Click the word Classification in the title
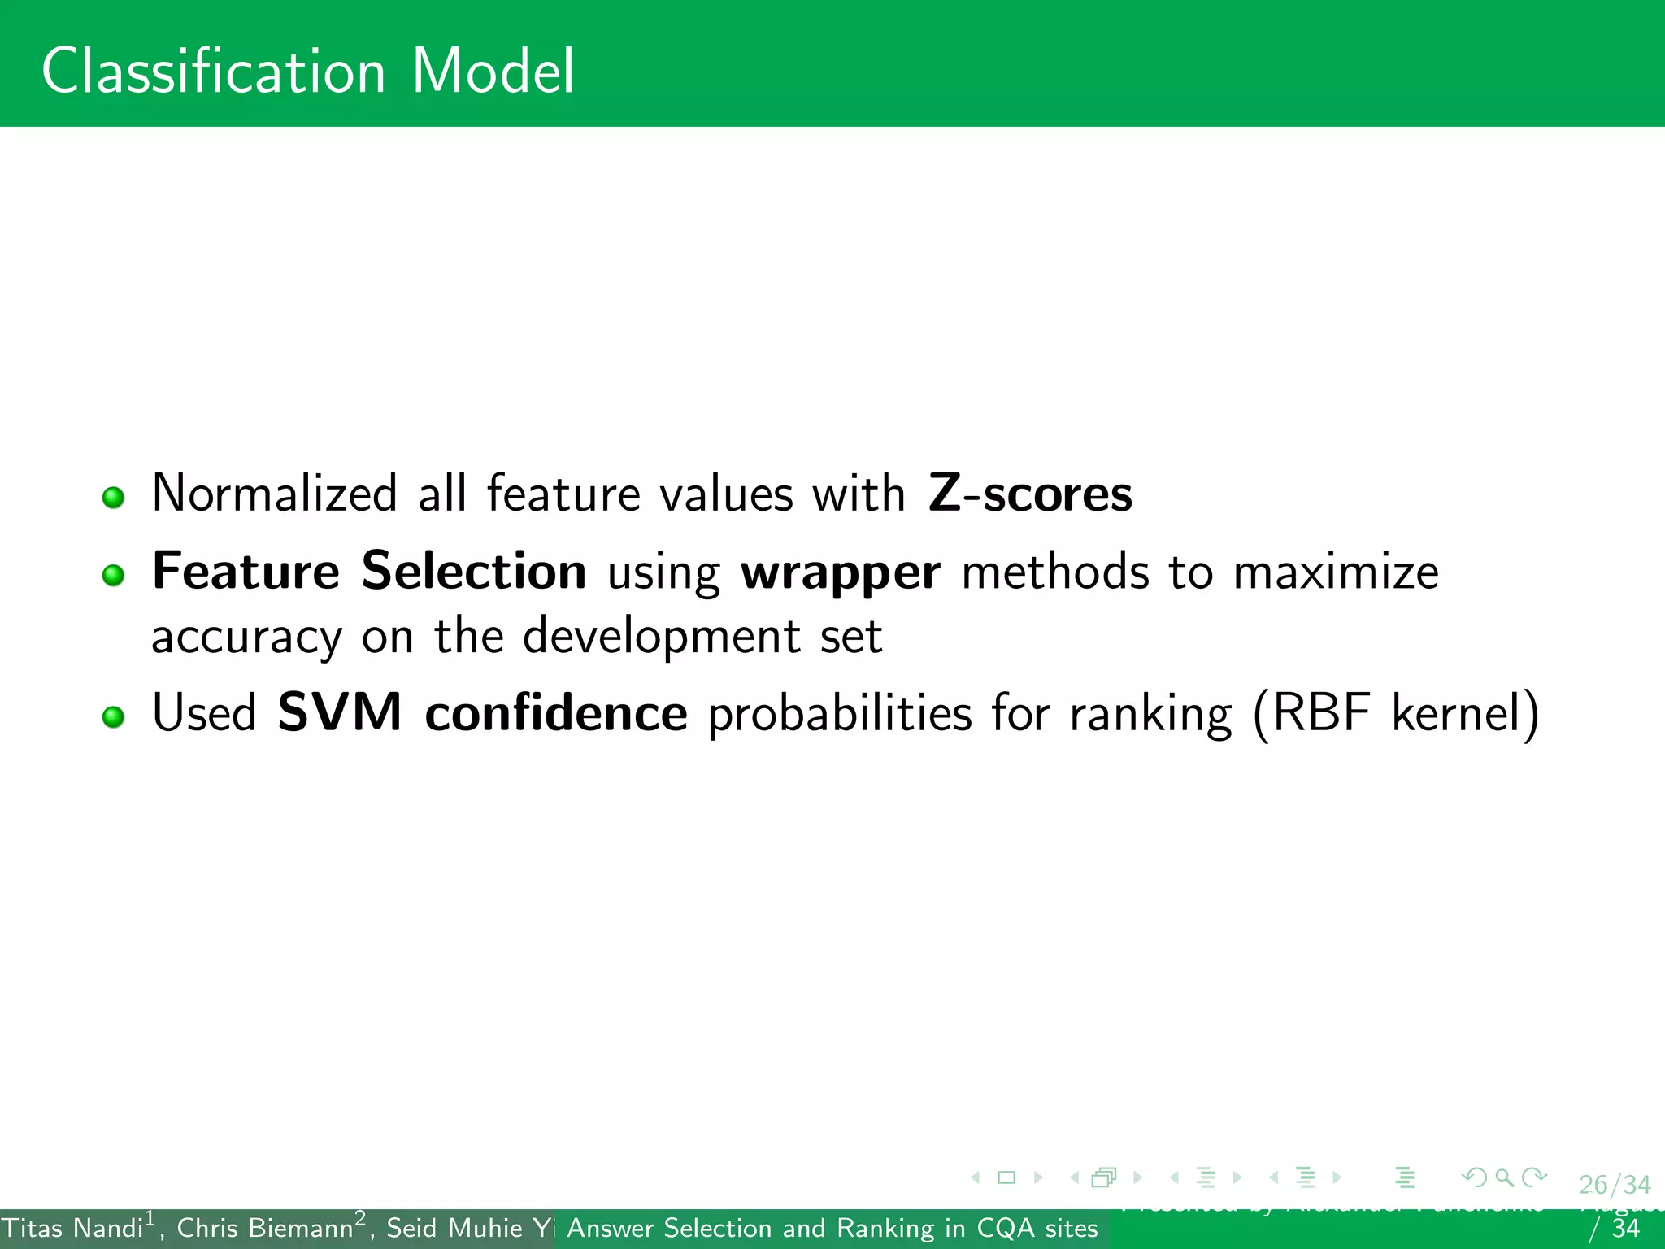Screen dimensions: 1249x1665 point(213,72)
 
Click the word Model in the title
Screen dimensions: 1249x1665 point(493,72)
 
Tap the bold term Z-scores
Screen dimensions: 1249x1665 point(1029,494)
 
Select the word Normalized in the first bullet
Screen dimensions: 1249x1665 point(274,494)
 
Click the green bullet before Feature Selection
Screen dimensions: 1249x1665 point(114,576)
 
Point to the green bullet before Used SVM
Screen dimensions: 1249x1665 point(114,717)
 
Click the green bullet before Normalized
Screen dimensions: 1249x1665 point(114,498)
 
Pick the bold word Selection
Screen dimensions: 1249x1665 point(473,571)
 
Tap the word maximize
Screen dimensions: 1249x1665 point(1335,572)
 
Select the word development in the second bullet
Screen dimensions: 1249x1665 point(661,636)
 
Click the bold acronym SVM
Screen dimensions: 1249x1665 point(339,713)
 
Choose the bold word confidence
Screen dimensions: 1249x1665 point(556,713)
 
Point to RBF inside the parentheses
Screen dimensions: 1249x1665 point(1320,713)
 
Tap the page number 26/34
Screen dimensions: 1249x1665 point(1615,1185)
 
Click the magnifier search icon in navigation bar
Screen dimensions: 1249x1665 point(1504,1177)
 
